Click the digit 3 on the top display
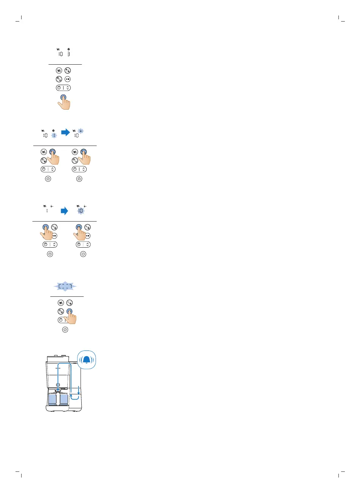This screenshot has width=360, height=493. tap(68, 54)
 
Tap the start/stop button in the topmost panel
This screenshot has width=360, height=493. tap(68, 79)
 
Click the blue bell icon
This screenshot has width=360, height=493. tap(87, 360)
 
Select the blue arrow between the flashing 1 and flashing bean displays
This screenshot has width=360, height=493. tap(65, 133)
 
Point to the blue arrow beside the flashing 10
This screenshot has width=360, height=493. tap(65, 211)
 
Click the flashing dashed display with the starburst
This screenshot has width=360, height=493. tap(65, 287)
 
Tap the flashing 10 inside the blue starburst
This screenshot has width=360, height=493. tap(81, 211)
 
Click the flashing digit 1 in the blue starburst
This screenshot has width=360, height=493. tap(54, 135)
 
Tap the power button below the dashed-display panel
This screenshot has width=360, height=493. tap(65, 330)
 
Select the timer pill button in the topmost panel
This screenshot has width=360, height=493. tap(63, 88)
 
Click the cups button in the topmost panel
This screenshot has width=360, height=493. tap(59, 70)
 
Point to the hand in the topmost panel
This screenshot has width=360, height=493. tap(65, 103)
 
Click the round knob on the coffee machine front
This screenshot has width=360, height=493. tap(58, 385)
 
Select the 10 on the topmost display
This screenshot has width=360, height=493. tap(61, 54)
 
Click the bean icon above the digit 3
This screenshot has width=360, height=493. tap(68, 49)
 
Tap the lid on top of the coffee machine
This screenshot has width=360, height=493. tap(57, 357)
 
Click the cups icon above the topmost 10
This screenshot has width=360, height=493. tap(58, 49)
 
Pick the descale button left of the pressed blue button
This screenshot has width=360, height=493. tap(61, 311)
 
